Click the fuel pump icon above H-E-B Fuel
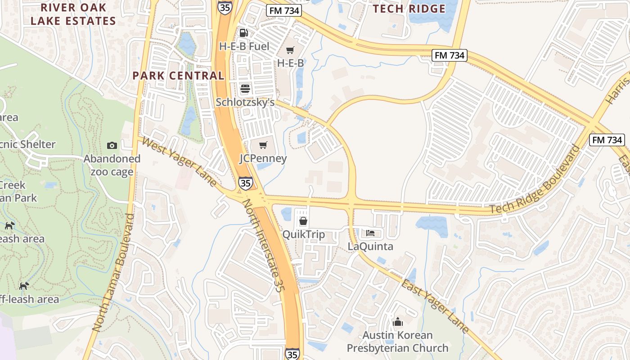[x=243, y=33]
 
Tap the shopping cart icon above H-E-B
[x=290, y=50]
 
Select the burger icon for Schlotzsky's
[x=245, y=88]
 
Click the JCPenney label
[x=263, y=158]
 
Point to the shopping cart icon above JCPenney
[x=263, y=145]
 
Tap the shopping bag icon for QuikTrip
[x=303, y=221]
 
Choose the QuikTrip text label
[x=303, y=234]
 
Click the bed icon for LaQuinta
[x=370, y=233]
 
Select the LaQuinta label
[x=370, y=246]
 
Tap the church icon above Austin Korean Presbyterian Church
[x=398, y=322]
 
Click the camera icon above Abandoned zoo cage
[x=112, y=145]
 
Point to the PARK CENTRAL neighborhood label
[x=178, y=76]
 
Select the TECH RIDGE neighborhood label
[x=409, y=9]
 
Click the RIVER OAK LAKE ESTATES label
[x=73, y=14]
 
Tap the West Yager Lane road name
[x=180, y=162]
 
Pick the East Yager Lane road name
[x=435, y=306]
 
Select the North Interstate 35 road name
[x=262, y=247]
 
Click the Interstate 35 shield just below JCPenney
[x=245, y=183]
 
